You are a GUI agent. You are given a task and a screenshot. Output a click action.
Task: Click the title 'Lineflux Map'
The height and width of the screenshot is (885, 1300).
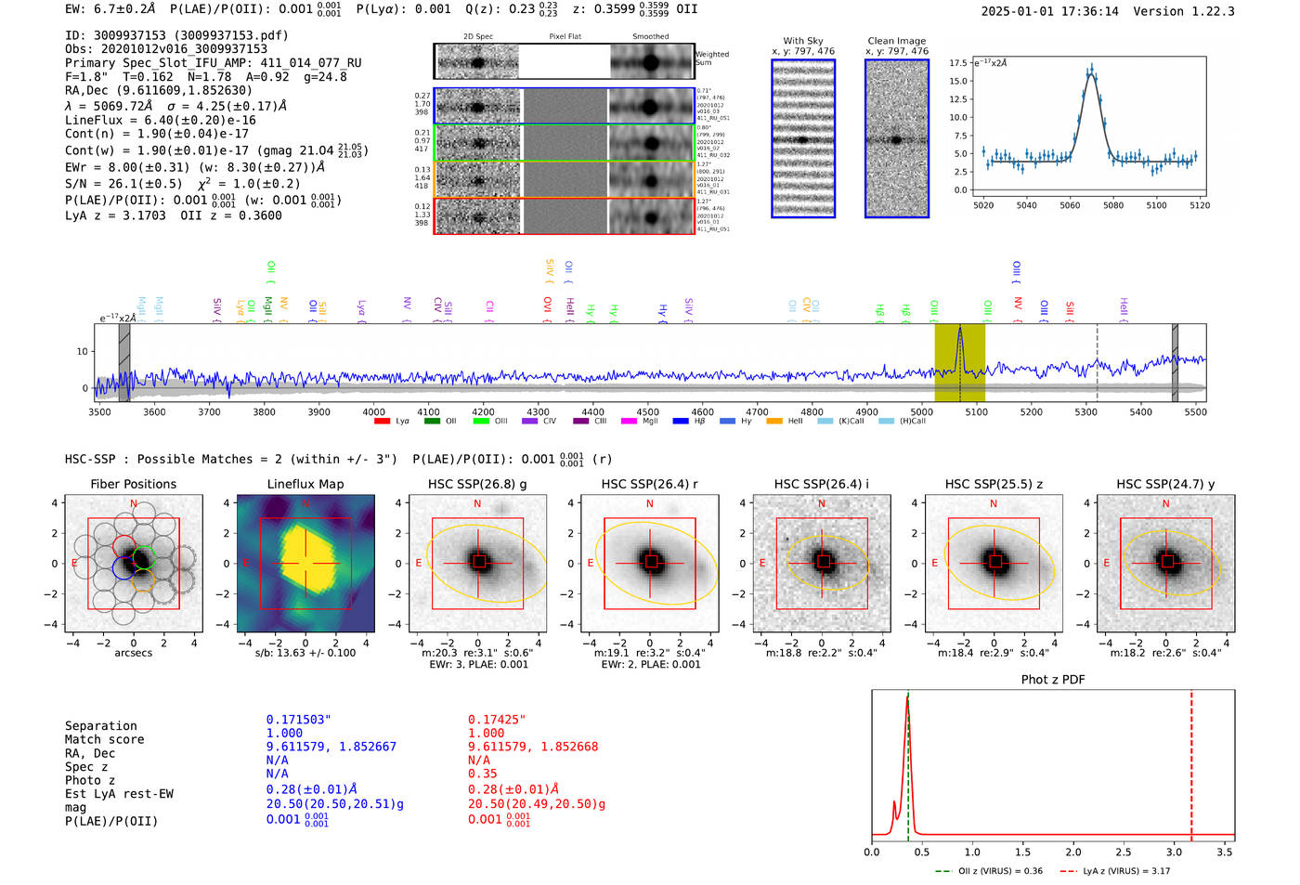[305, 484]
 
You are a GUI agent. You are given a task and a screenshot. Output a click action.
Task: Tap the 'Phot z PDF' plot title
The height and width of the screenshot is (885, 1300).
[1053, 680]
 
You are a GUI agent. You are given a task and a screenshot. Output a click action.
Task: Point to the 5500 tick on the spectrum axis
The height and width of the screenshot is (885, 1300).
[1195, 412]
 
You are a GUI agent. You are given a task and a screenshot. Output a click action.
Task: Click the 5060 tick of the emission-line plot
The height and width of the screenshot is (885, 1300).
[1070, 205]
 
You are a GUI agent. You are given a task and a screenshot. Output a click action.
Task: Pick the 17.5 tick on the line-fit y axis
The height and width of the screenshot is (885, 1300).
[958, 63]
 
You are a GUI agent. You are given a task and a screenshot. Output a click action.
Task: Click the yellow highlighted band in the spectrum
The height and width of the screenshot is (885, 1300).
[959, 362]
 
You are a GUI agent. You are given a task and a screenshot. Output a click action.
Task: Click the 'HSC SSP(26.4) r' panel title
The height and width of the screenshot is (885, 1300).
[649, 484]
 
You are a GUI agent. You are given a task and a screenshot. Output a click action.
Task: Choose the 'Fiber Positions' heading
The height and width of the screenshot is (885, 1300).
[133, 484]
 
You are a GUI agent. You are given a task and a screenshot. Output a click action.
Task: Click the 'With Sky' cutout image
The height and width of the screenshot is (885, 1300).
[803, 138]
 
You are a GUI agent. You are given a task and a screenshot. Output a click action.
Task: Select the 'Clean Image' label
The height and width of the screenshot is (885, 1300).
[896, 41]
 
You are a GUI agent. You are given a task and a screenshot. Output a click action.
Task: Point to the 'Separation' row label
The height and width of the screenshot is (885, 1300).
[100, 726]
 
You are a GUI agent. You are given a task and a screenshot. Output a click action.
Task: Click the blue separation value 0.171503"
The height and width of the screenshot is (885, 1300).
[298, 720]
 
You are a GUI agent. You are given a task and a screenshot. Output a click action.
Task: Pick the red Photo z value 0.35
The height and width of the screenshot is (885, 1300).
[482, 774]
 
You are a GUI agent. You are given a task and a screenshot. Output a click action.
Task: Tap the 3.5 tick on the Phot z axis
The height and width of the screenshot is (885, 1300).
[1225, 852]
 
